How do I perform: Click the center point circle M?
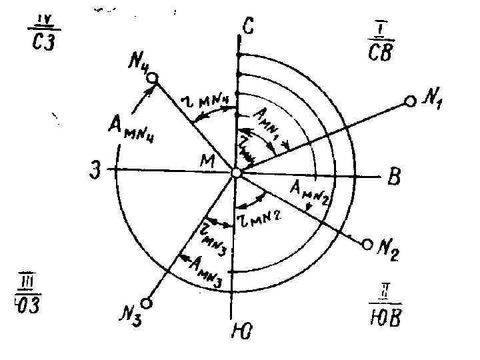coord(236,173)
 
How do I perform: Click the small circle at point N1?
coord(410,101)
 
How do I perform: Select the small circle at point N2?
coord(366,245)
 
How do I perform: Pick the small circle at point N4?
coord(153,79)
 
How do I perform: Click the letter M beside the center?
coord(213,159)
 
